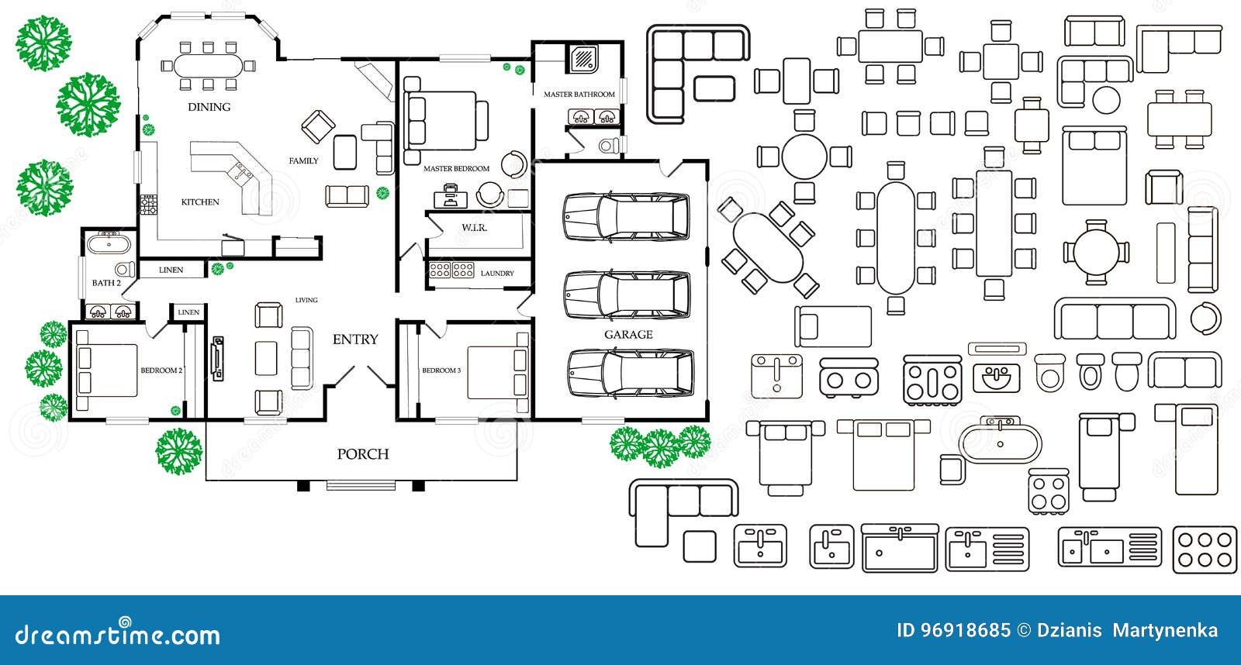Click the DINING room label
coord(209,107)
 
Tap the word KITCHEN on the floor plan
coord(200,202)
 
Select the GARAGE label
coord(628,335)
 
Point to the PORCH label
coord(362,454)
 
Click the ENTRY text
coord(355,339)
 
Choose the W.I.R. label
coord(474,228)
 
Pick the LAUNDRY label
coord(497,274)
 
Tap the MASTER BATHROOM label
coord(579,95)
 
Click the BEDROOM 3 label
coord(441,370)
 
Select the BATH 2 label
coord(106,283)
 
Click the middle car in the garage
coord(626,295)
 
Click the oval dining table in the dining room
coord(207,64)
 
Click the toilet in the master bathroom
coord(610,145)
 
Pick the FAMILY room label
coord(303,161)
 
